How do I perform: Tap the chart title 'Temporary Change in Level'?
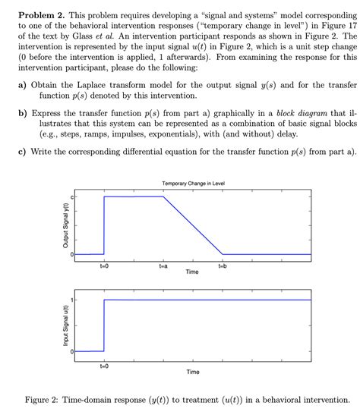coord(193,184)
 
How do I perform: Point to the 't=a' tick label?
coord(163,267)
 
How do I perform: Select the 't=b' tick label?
coord(223,267)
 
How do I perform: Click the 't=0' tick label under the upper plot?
coord(104,267)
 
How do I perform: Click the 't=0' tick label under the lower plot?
coord(104,366)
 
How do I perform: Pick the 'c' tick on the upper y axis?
coord(73,197)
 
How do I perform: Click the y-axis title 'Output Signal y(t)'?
coord(65,226)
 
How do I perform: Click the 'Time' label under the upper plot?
coord(193,272)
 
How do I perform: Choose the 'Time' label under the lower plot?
coord(193,372)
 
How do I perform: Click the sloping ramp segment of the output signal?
coord(193,225)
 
